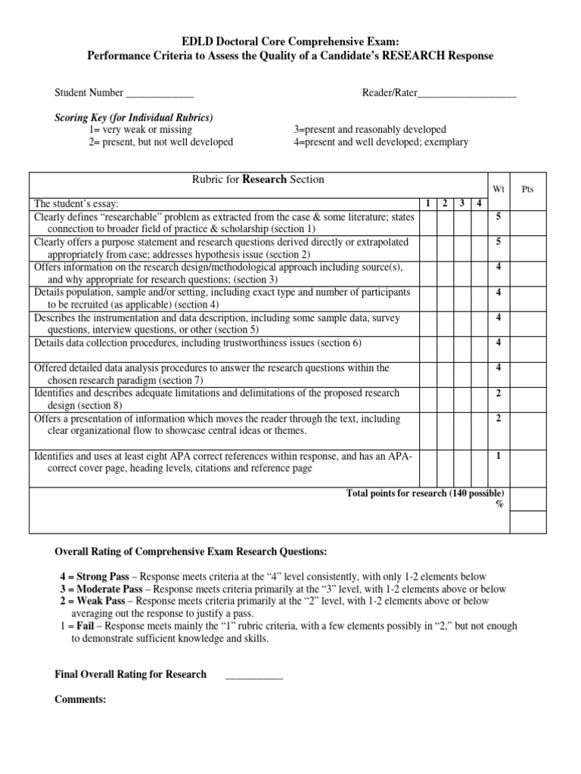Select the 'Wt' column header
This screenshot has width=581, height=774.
pos(497,189)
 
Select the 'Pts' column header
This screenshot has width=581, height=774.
pos(527,189)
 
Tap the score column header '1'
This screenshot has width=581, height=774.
pos(428,203)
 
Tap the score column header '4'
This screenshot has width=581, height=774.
pos(479,203)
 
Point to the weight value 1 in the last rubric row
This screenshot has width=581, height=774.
pos(498,456)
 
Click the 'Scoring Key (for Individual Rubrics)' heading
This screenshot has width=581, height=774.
pos(133,118)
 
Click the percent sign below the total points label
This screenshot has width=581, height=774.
pos(499,505)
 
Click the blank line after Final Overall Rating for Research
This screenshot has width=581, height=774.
pos(254,674)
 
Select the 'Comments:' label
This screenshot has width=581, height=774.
pos(80,700)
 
